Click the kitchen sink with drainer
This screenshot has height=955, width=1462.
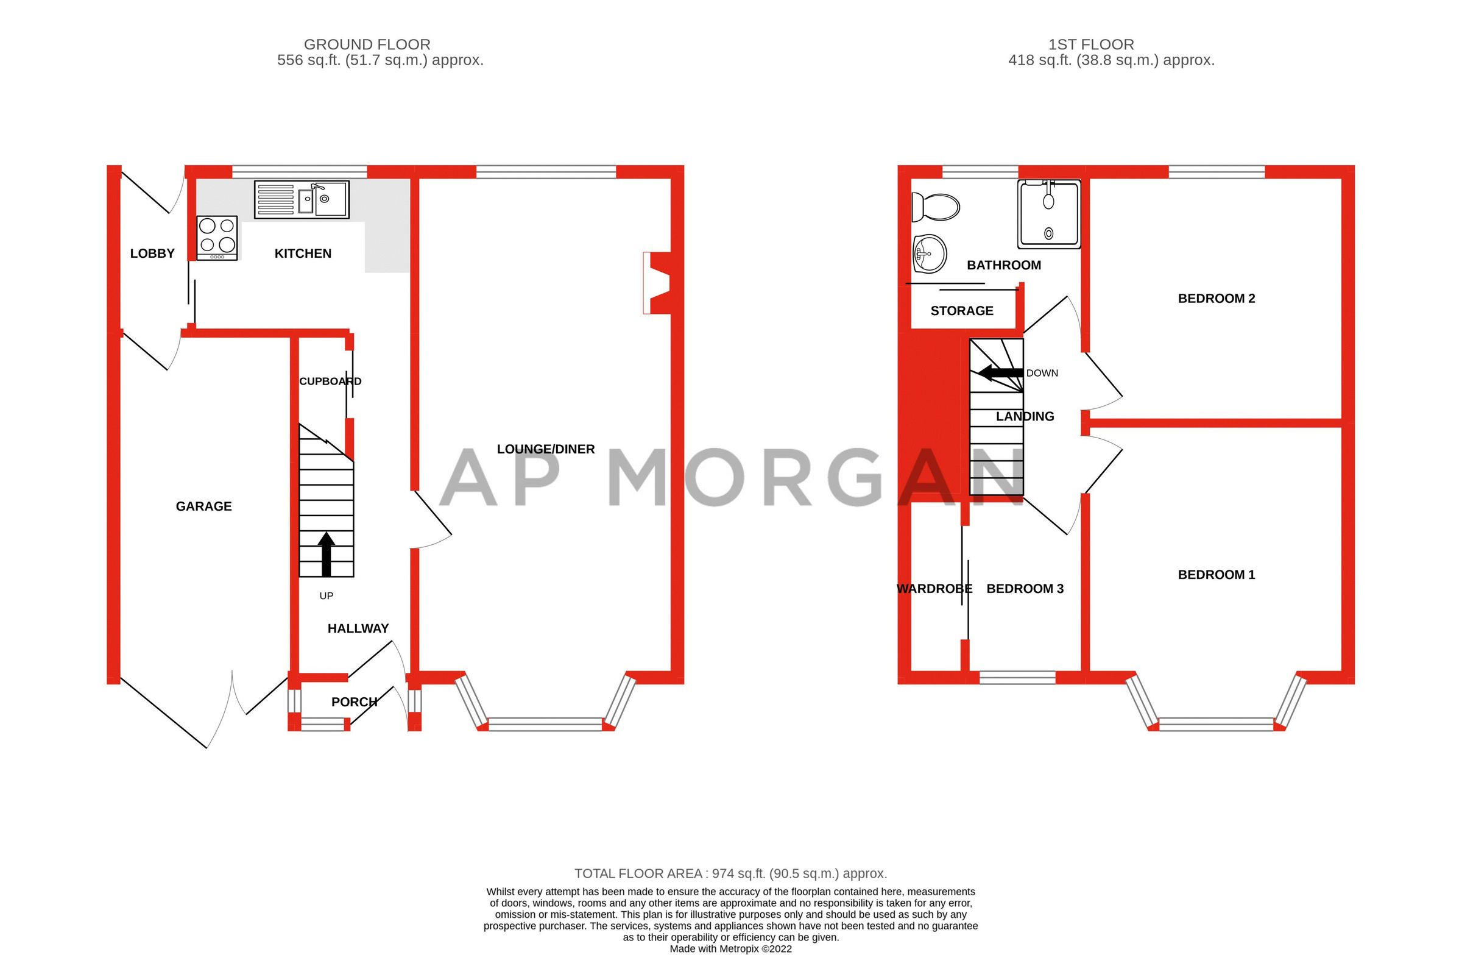point(302,199)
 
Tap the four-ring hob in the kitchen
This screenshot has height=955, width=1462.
point(217,237)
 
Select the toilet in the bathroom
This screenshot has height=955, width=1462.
point(935,207)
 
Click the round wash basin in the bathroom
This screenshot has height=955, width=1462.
point(930,253)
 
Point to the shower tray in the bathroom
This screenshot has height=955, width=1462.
point(1048,214)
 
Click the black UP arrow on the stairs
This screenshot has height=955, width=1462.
point(326,554)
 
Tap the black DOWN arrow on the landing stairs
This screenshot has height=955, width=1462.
point(1000,372)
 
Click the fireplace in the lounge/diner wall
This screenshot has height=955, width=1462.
point(656,283)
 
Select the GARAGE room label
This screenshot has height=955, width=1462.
point(203,506)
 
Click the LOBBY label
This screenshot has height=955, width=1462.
point(152,253)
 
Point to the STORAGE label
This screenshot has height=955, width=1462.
point(961,311)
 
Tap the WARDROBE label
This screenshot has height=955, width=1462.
point(934,589)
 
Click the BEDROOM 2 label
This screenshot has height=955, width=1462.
point(1216,299)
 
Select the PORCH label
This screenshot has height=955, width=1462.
point(354,702)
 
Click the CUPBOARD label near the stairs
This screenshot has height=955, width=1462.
point(330,381)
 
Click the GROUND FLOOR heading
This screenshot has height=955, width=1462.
point(367,44)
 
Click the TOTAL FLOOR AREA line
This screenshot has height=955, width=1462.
point(730,873)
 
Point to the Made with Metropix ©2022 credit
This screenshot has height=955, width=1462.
point(730,949)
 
